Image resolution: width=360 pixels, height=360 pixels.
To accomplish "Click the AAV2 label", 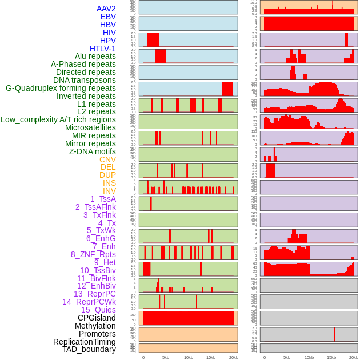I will [x=106, y=9].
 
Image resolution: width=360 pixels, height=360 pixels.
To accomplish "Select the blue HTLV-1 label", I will [x=102, y=49].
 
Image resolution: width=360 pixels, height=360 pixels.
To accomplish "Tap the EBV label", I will [x=108, y=17].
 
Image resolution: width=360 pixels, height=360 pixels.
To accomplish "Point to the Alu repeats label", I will [x=95, y=57].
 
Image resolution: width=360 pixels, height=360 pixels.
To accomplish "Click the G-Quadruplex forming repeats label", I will [x=61, y=88].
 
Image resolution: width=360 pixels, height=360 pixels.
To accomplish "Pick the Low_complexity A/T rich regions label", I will [x=58, y=119].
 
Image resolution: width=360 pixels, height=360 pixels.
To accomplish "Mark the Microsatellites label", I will [x=90, y=127].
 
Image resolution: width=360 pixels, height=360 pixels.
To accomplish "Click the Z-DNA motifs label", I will [x=92, y=151].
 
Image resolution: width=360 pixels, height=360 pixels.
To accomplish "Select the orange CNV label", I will [x=107, y=159].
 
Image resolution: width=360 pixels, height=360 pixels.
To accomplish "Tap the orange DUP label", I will [x=107, y=175].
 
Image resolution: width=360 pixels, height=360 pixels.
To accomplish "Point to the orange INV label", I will [x=109, y=191].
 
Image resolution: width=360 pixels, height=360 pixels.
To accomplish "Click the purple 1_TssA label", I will [x=103, y=199].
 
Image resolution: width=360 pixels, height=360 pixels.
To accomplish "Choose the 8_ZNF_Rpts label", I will [x=93, y=254].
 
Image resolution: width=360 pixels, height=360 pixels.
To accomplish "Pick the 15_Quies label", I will [x=98, y=310].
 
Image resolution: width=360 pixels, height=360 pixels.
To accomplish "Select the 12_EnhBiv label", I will [x=96, y=286].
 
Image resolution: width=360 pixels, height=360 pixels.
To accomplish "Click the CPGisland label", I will [x=97, y=318].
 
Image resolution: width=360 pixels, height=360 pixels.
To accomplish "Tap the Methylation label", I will [x=95, y=326].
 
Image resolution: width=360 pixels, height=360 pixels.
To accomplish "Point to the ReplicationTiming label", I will [x=84, y=342].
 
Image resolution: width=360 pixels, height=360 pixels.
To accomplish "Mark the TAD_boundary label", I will [x=89, y=349].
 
